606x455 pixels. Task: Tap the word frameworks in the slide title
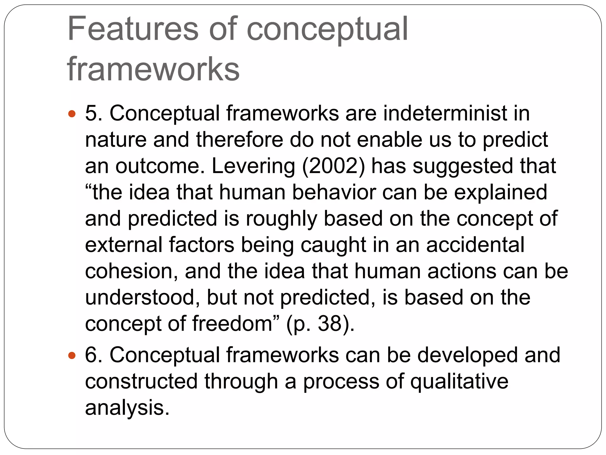point(153,69)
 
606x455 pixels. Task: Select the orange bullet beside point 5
point(72,113)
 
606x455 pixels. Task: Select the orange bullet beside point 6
point(72,355)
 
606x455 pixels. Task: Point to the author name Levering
point(253,166)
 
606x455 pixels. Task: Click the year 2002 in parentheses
point(333,166)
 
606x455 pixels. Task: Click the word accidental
point(475,245)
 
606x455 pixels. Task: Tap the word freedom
point(232,323)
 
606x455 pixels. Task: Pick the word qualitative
point(459,381)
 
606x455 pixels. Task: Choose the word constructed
point(141,381)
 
